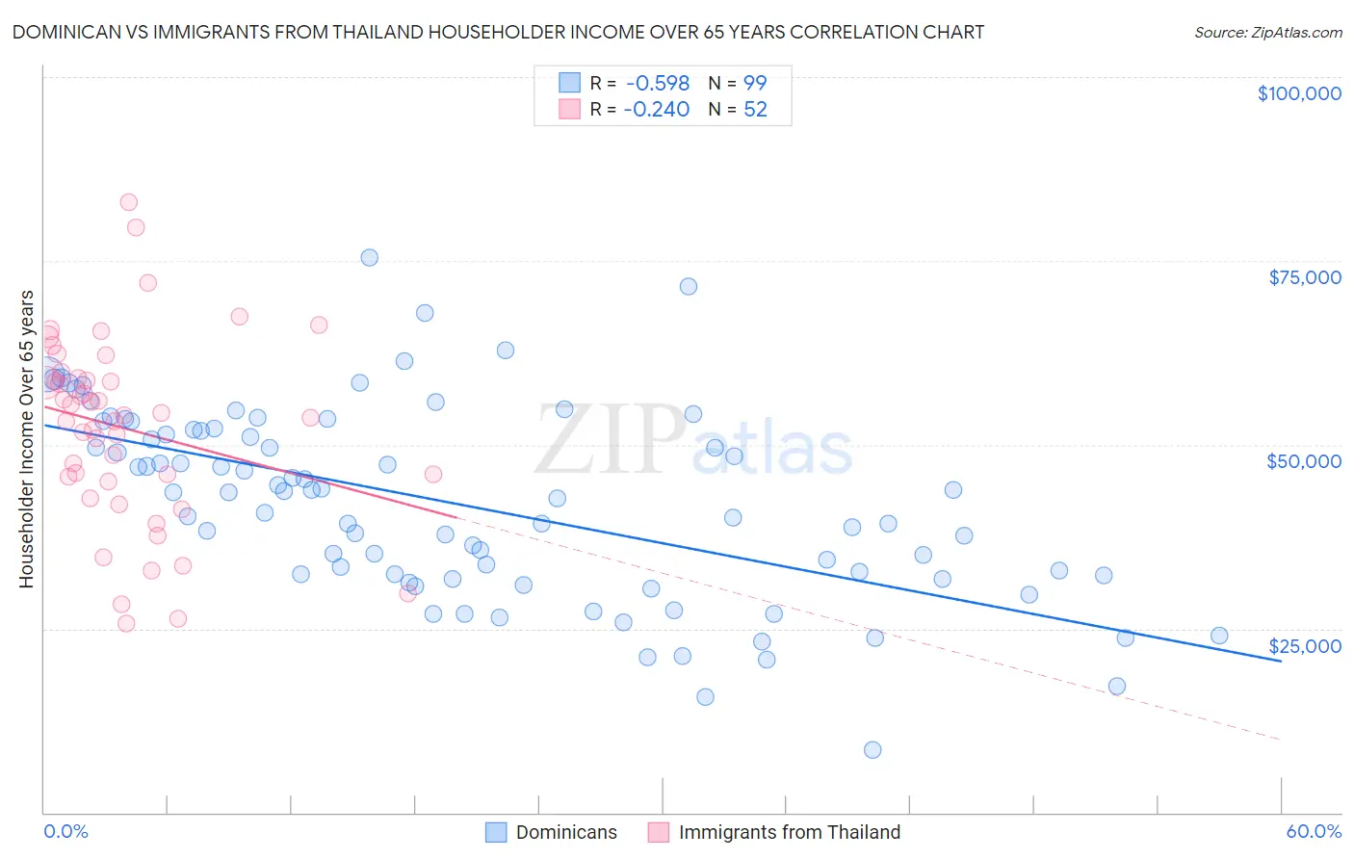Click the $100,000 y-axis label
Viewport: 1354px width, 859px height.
[x=1299, y=93]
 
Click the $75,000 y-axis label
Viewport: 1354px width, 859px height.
[x=1305, y=277]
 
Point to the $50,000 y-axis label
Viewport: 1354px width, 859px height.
[x=1304, y=461]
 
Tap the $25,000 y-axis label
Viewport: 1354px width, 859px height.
[x=1305, y=646]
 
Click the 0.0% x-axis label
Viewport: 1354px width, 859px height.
[x=65, y=831]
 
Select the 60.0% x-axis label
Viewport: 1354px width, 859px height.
[x=1314, y=831]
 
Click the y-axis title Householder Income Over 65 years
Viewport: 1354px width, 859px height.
[x=27, y=439]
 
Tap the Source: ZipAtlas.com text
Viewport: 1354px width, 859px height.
[x=1267, y=32]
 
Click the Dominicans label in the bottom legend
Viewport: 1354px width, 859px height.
[x=566, y=832]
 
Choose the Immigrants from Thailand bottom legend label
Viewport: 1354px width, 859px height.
[x=789, y=832]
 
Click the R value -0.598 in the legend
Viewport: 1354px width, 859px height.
[x=657, y=84]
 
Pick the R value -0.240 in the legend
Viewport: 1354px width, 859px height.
[x=657, y=110]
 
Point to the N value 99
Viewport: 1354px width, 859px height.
[x=755, y=84]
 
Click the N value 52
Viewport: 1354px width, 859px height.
[x=755, y=110]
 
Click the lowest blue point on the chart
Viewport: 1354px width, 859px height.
[x=872, y=750]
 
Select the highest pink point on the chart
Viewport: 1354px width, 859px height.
[x=128, y=202]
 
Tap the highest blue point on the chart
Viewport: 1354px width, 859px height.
[x=369, y=257]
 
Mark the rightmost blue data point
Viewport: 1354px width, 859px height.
[x=1219, y=636]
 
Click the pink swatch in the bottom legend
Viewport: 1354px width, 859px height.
[x=659, y=832]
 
